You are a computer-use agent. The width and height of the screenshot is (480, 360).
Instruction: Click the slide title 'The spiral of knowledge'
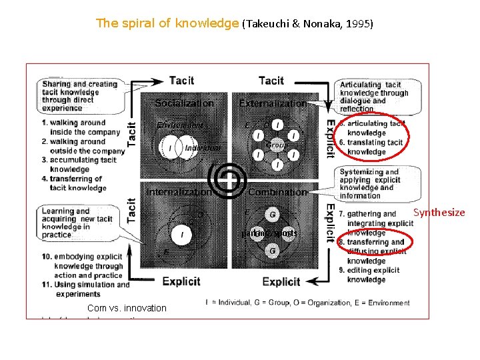click(x=167, y=24)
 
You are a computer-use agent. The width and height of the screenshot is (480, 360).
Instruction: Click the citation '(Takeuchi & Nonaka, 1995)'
click(x=307, y=25)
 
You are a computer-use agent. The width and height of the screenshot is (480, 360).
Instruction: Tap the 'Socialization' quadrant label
click(x=184, y=103)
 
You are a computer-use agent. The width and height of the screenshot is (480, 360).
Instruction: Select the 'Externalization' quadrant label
click(x=273, y=103)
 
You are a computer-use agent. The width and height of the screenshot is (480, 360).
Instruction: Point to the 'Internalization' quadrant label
click(x=179, y=192)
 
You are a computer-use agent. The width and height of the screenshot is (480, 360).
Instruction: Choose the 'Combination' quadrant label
click(x=277, y=192)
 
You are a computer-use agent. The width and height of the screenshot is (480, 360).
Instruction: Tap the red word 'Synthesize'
click(x=439, y=213)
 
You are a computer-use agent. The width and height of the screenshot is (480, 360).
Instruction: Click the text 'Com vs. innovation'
click(x=127, y=308)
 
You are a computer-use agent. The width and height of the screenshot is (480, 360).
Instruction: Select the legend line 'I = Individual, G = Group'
click(x=308, y=303)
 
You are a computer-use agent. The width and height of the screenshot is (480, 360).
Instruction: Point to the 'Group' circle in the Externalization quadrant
click(x=275, y=145)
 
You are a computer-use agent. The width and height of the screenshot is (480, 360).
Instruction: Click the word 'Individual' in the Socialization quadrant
click(x=203, y=148)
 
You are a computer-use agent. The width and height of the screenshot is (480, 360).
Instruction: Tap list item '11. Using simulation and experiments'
click(x=85, y=289)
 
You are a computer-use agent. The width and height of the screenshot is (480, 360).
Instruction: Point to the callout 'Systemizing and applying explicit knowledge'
click(x=378, y=183)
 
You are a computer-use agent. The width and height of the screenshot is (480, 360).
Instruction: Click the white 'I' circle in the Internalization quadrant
click(x=182, y=234)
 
